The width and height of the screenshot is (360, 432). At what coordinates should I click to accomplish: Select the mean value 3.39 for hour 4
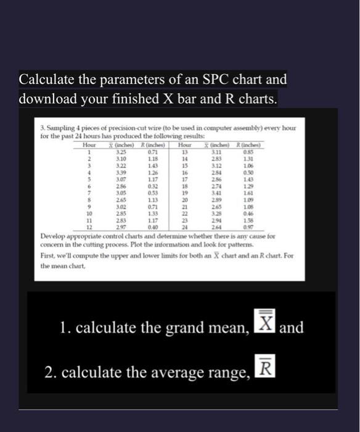coord(121,173)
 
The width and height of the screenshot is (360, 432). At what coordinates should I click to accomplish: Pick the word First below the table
coord(47,255)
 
